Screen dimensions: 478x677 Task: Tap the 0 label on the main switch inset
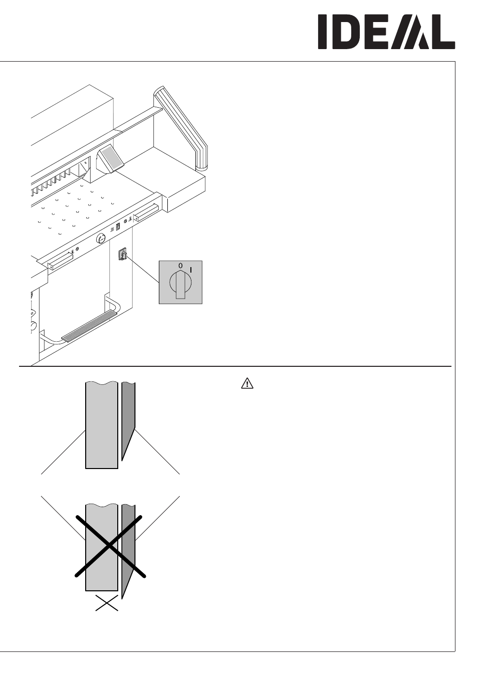click(x=180, y=266)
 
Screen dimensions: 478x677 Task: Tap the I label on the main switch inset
click(x=191, y=270)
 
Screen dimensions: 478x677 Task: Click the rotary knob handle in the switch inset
click(x=180, y=285)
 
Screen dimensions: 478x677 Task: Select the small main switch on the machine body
click(x=122, y=255)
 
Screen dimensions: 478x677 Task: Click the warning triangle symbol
click(x=247, y=383)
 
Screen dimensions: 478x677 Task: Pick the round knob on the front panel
click(x=101, y=240)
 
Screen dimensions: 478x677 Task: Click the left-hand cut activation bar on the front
click(x=60, y=261)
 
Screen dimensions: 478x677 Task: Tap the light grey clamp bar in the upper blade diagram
click(x=102, y=425)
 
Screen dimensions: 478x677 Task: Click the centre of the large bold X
click(x=110, y=546)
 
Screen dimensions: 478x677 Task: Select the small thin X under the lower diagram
click(x=107, y=603)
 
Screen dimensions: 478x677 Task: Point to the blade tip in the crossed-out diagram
click(x=122, y=598)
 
